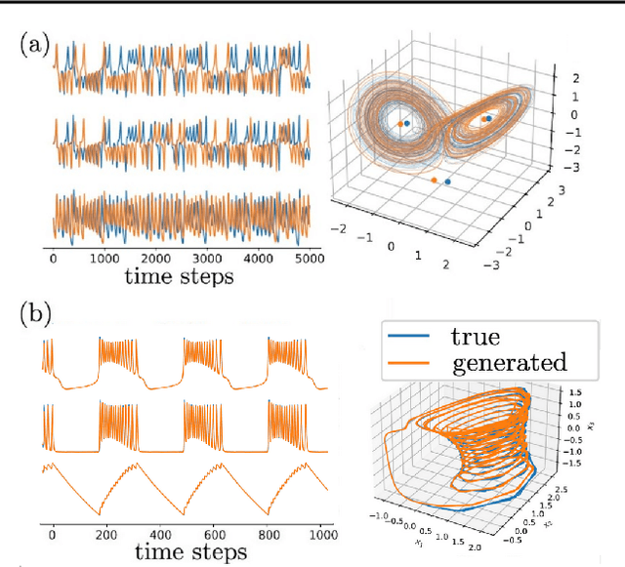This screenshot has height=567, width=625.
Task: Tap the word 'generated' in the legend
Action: pyautogui.click(x=508, y=363)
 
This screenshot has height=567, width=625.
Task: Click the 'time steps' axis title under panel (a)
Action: pyautogui.click(x=178, y=276)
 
